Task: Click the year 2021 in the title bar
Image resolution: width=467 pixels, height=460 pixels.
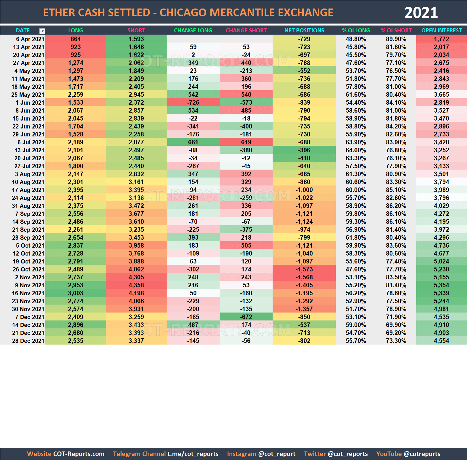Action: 421,13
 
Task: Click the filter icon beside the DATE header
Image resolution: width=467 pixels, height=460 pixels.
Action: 42,31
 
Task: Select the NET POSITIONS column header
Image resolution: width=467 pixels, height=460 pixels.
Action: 304,30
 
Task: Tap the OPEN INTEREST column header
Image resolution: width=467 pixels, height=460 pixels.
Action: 441,30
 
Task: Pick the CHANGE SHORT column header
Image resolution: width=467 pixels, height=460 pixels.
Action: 246,30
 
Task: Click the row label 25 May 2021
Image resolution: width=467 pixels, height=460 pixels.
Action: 28,95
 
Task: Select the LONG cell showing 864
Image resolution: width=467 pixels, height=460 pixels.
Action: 76,39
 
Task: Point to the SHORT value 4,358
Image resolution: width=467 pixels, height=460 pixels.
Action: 136,285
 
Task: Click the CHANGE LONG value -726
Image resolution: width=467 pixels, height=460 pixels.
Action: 193,103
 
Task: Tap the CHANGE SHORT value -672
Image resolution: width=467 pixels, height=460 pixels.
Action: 246,317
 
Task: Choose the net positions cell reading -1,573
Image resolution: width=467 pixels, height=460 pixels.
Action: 304,269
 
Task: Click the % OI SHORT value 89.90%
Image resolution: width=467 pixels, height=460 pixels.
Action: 396,39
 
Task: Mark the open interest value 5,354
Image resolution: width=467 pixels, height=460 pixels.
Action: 441,285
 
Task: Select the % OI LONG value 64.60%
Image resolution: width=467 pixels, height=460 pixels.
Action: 356,150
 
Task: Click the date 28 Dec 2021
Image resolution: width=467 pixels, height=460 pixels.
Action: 28,341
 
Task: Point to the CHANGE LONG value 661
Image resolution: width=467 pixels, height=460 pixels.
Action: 193,142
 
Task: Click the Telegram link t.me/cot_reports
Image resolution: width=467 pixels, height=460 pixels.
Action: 193,454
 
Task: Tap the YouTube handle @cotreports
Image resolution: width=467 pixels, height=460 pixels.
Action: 422,454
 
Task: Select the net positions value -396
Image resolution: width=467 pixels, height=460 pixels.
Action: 304,150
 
